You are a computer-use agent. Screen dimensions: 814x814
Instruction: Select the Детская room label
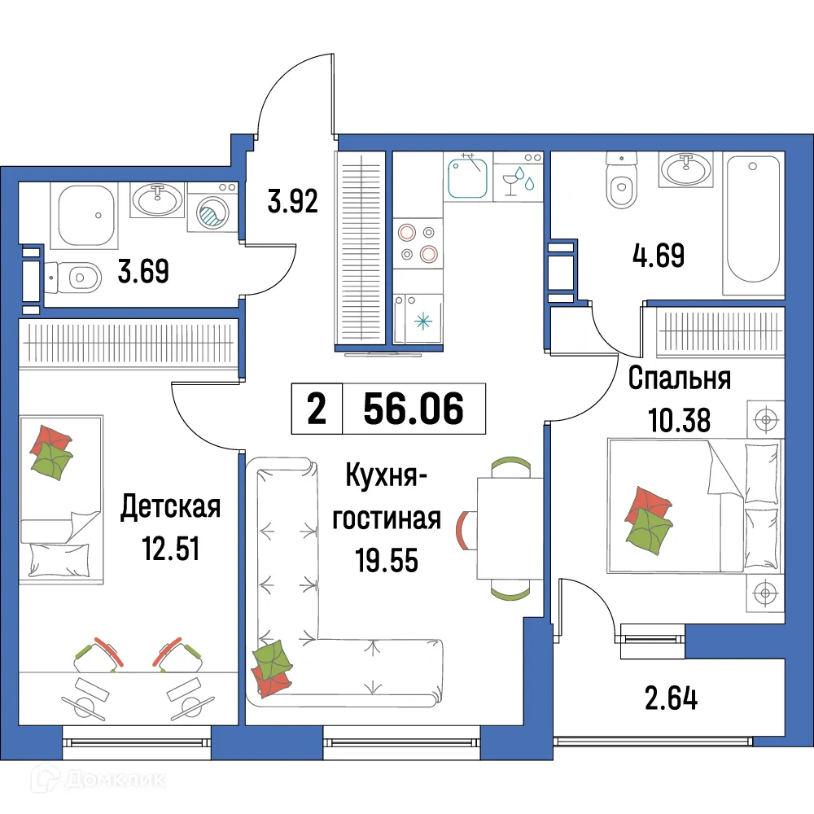click(170, 508)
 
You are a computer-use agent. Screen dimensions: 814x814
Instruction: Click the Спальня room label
click(680, 379)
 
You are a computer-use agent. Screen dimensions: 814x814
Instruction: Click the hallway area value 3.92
click(292, 199)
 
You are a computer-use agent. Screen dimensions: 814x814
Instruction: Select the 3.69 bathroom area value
click(142, 271)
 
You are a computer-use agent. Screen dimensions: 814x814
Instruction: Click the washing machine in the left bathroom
click(212, 211)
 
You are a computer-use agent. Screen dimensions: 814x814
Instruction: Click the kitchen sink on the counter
click(467, 177)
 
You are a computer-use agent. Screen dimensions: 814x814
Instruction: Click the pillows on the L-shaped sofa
click(272, 665)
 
